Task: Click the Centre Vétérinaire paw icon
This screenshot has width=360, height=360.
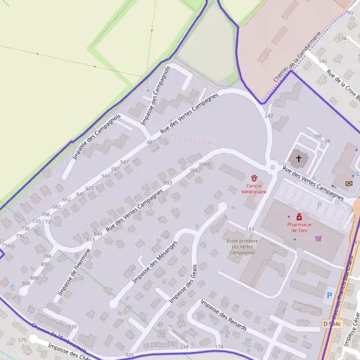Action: tap(254, 178)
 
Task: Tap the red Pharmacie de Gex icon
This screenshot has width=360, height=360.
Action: tap(299, 217)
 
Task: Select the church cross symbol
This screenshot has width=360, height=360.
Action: tap(298, 159)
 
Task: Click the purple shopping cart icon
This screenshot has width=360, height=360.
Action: tap(319, 238)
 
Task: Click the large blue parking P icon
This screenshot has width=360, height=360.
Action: tap(328, 296)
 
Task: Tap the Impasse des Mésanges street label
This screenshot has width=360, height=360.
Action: tap(154, 262)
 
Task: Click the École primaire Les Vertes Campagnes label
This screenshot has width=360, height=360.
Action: tap(242, 247)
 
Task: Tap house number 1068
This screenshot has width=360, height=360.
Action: tap(204, 164)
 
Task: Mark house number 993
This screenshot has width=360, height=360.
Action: tap(167, 183)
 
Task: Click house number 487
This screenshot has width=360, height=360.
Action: tap(151, 142)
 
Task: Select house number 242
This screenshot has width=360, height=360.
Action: tap(269, 115)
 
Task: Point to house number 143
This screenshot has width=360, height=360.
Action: tap(251, 229)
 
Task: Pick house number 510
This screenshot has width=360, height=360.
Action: tap(73, 326)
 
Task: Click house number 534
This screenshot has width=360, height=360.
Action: tap(342, 38)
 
